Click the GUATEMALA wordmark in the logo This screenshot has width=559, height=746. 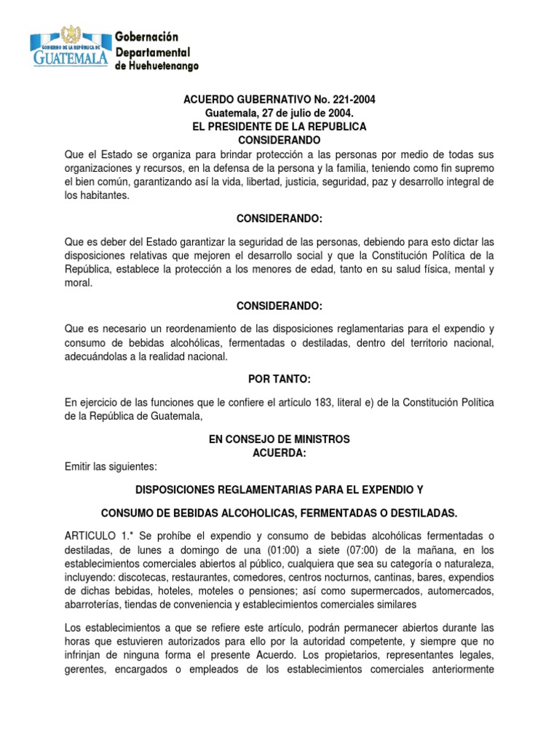tap(70, 57)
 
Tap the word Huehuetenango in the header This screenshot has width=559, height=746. tap(163, 66)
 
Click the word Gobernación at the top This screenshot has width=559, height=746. tap(148, 36)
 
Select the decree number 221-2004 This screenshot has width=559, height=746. tap(352, 100)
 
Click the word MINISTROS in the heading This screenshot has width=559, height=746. tap(318, 439)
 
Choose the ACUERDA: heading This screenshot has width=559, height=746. tap(279, 452)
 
